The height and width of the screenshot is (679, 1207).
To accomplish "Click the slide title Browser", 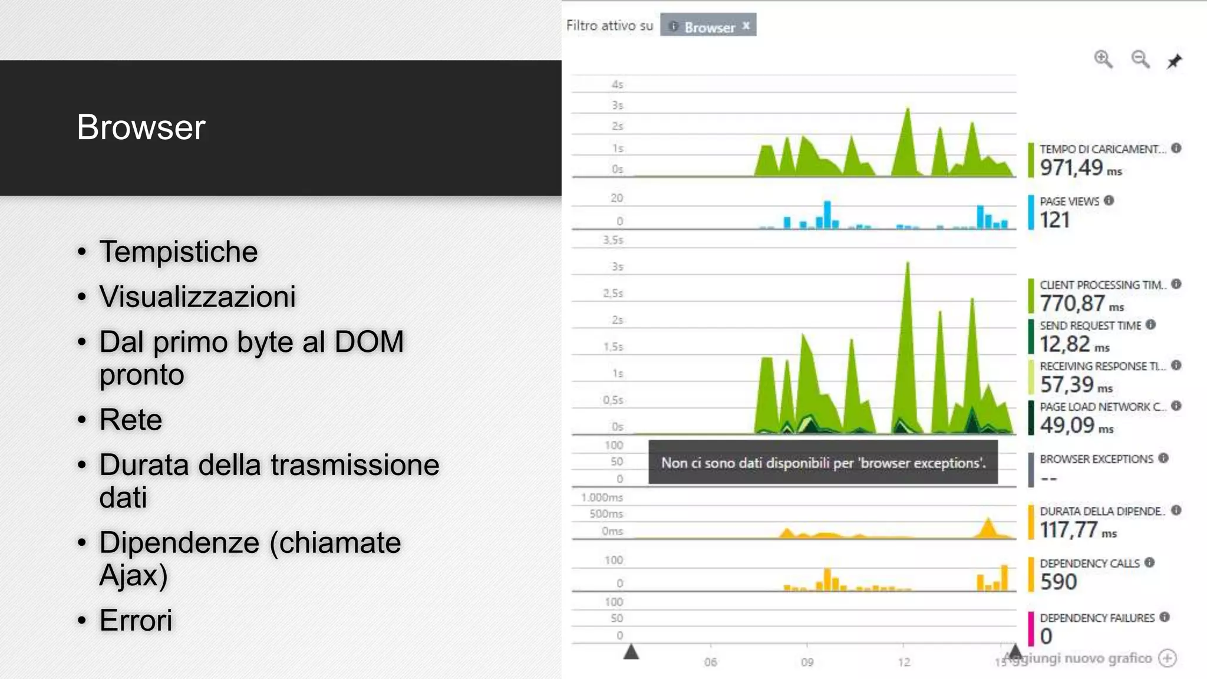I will click(141, 127).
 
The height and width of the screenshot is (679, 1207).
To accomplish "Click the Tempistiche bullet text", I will click(178, 252).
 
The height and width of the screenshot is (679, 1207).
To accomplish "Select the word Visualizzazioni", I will click(197, 296).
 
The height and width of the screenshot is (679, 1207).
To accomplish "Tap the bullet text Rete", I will click(130, 420).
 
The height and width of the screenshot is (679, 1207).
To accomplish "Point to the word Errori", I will click(136, 620).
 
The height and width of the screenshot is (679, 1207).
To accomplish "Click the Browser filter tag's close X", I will click(746, 26).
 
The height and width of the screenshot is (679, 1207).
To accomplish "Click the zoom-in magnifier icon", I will click(1103, 60).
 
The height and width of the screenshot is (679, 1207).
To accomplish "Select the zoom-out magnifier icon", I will click(1140, 60).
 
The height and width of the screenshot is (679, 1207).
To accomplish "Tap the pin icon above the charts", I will click(1174, 61).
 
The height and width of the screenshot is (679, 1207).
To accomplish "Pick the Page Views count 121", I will click(1054, 220).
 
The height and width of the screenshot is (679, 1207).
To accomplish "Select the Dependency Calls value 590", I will click(1058, 582).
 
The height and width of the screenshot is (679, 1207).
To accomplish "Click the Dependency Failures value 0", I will click(1046, 637).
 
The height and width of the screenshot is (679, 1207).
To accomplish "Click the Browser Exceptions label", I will click(1096, 459).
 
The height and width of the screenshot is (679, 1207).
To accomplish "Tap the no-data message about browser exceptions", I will click(823, 463).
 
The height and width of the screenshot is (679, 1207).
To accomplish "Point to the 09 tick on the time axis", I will click(807, 662).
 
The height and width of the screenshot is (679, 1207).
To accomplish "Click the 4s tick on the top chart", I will click(617, 85).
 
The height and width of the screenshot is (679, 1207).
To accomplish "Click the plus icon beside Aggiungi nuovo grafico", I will click(1168, 658).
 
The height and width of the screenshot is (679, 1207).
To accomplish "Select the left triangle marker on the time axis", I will click(631, 652).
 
